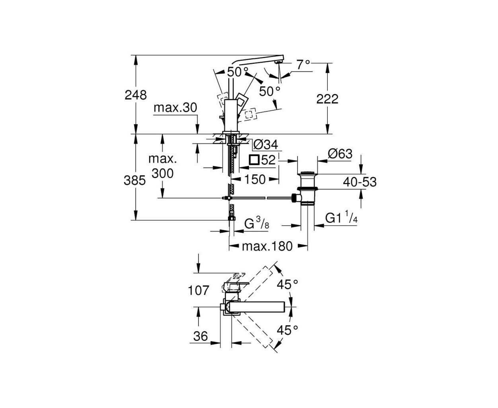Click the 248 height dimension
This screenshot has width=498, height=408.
click(136, 95)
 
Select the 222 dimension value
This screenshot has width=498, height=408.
click(327, 99)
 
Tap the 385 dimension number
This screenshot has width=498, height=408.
click(134, 181)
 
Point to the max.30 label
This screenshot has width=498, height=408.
click(175, 108)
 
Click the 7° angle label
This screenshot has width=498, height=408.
click(303, 65)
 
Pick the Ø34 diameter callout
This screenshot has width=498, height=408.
click(265, 145)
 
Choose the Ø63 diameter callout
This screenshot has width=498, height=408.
click(340, 154)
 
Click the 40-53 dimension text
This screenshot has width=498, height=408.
click(360, 182)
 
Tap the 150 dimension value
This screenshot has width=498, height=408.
click(255, 180)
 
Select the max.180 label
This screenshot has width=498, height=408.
click(267, 247)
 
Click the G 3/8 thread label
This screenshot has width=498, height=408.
click(257, 223)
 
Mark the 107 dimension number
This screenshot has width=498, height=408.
click(198, 290)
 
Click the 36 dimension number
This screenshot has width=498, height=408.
click(200, 336)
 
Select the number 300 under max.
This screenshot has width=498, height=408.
click(162, 173)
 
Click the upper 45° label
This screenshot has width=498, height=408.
click(287, 284)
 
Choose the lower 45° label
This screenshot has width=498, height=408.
click(287, 330)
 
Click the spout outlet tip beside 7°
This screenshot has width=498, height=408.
click(279, 62)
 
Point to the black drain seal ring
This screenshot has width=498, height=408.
click(308, 188)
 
